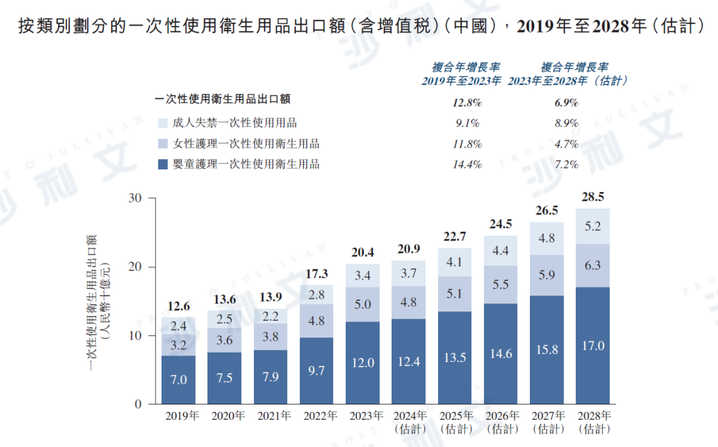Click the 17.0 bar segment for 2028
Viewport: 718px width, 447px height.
(593, 346)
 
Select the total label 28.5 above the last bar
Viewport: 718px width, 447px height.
(593, 197)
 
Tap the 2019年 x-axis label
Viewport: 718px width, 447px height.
(179, 416)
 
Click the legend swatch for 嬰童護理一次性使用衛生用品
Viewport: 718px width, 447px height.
(163, 164)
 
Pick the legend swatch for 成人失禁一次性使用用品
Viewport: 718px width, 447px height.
(163, 123)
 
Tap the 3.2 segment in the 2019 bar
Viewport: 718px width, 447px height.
(179, 345)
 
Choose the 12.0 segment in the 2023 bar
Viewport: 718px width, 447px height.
(363, 363)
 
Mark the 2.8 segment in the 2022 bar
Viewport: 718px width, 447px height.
(317, 294)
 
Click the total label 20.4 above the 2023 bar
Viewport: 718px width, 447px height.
(363, 252)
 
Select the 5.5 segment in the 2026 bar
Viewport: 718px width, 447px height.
(501, 284)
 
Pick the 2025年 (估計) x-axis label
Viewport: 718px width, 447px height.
(455, 422)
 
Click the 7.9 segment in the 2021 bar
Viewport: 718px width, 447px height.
(271, 377)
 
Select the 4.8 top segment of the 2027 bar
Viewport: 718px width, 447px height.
(546, 238)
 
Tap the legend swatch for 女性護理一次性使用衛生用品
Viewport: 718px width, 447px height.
(163, 143)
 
